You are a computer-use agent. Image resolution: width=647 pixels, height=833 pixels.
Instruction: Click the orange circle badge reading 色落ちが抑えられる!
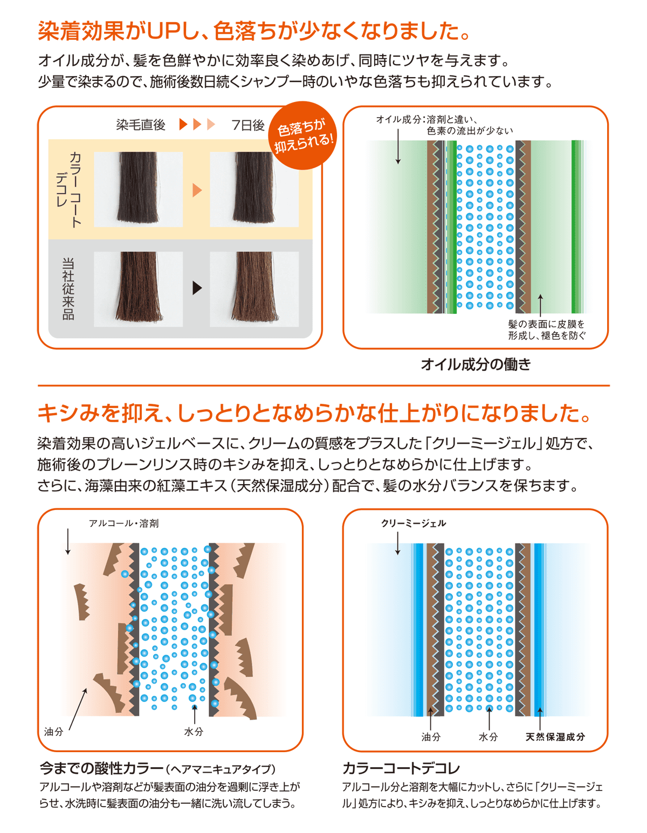point(302,135)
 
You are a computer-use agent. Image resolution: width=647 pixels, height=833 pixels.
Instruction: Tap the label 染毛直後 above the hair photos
point(141,125)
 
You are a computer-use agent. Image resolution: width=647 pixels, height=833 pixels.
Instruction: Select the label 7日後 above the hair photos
point(247,125)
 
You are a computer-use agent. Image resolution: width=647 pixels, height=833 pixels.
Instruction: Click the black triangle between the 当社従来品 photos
point(197,288)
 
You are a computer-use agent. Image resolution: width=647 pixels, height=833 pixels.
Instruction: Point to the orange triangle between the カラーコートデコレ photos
point(197,190)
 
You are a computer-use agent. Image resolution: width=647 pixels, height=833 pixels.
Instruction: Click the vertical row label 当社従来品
point(68,288)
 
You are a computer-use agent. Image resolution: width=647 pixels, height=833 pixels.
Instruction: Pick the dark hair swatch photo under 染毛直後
point(139,189)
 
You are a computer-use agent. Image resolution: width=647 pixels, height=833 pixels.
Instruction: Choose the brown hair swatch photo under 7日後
point(254,289)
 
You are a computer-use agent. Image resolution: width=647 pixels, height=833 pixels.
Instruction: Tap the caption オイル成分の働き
point(476,364)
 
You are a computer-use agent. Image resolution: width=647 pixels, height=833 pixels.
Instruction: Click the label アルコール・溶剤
point(124,524)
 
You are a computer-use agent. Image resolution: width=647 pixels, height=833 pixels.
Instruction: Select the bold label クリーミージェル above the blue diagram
point(414,524)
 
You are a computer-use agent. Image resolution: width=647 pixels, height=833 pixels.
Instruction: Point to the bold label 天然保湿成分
point(555,737)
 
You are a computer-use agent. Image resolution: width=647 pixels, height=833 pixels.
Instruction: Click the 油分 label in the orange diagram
point(54,732)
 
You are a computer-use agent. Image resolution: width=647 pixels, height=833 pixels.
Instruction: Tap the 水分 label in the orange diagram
point(194,732)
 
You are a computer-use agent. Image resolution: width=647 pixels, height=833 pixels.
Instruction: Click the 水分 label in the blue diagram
point(488,737)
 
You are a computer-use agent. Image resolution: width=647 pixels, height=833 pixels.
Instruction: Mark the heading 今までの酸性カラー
point(101,768)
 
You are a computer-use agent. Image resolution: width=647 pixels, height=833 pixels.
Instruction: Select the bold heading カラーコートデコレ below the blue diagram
point(401,768)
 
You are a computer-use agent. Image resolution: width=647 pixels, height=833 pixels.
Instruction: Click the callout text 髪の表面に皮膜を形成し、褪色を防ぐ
point(547,330)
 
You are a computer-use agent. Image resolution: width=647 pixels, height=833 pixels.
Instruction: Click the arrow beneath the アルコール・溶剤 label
point(68,542)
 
